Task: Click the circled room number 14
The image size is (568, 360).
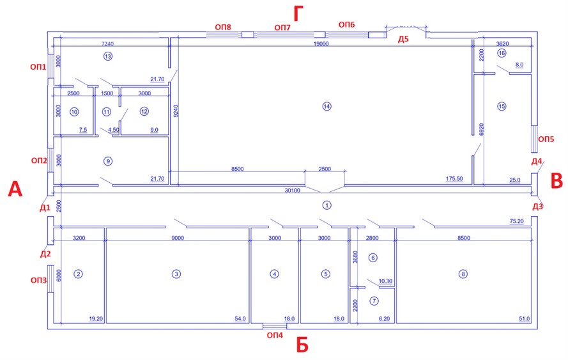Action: tap(326, 106)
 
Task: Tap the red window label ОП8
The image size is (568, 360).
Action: tap(223, 27)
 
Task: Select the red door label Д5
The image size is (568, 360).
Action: tap(403, 39)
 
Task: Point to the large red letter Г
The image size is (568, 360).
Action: tap(298, 14)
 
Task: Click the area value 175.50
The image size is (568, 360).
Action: tap(454, 179)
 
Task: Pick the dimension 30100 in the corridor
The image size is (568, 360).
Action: tap(293, 191)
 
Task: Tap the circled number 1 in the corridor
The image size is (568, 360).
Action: tap(326, 205)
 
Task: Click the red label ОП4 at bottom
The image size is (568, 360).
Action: tap(275, 335)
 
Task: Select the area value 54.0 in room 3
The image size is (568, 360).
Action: tap(240, 318)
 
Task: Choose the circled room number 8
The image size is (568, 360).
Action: tap(463, 274)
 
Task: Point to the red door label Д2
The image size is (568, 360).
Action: tap(45, 254)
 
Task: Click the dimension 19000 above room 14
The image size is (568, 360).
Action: tap(321, 44)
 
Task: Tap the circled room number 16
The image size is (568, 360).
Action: tap(502, 53)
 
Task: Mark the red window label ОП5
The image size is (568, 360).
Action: tap(546, 139)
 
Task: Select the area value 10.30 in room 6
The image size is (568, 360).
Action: tap(385, 281)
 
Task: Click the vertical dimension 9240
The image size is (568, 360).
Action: tap(176, 111)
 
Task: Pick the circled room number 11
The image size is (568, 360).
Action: tap(107, 112)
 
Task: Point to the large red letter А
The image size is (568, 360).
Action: tap(15, 189)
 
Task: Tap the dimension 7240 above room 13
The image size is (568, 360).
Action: tap(107, 44)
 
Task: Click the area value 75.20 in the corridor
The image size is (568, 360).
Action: tap(516, 221)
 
